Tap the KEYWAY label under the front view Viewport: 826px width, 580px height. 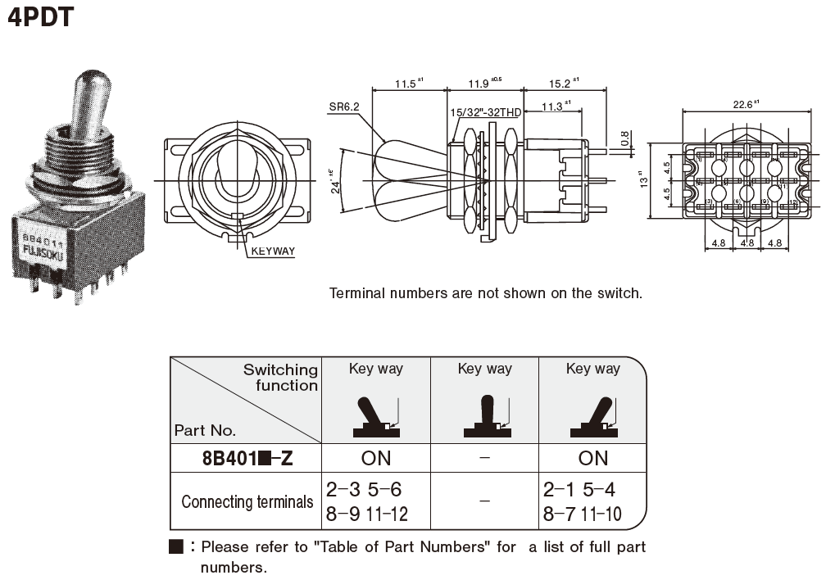(273, 251)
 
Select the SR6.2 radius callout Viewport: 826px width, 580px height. (344, 106)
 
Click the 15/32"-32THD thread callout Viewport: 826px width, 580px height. (485, 112)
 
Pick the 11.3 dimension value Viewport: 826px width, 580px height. (555, 106)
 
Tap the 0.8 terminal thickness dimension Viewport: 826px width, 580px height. (626, 140)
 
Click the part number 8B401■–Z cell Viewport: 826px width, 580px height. (247, 458)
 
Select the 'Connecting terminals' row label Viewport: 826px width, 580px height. (247, 501)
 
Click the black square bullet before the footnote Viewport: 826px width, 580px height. (175, 546)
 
